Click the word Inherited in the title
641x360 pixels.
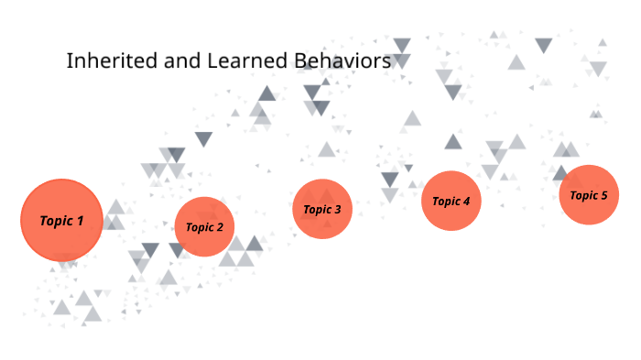(109, 62)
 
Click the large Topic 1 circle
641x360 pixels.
(61, 220)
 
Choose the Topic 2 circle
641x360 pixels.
(204, 226)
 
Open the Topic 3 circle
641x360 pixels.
(322, 209)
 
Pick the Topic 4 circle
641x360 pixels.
(451, 201)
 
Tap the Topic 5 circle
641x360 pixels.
(589, 194)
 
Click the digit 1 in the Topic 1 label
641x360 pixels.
(80, 221)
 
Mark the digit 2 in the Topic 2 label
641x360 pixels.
(220, 227)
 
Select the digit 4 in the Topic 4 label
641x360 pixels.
(466, 202)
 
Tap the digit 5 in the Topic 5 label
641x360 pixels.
(603, 195)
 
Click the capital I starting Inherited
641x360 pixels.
(70, 62)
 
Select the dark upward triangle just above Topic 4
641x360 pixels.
(452, 142)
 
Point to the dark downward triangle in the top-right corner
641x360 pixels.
(544, 45)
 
